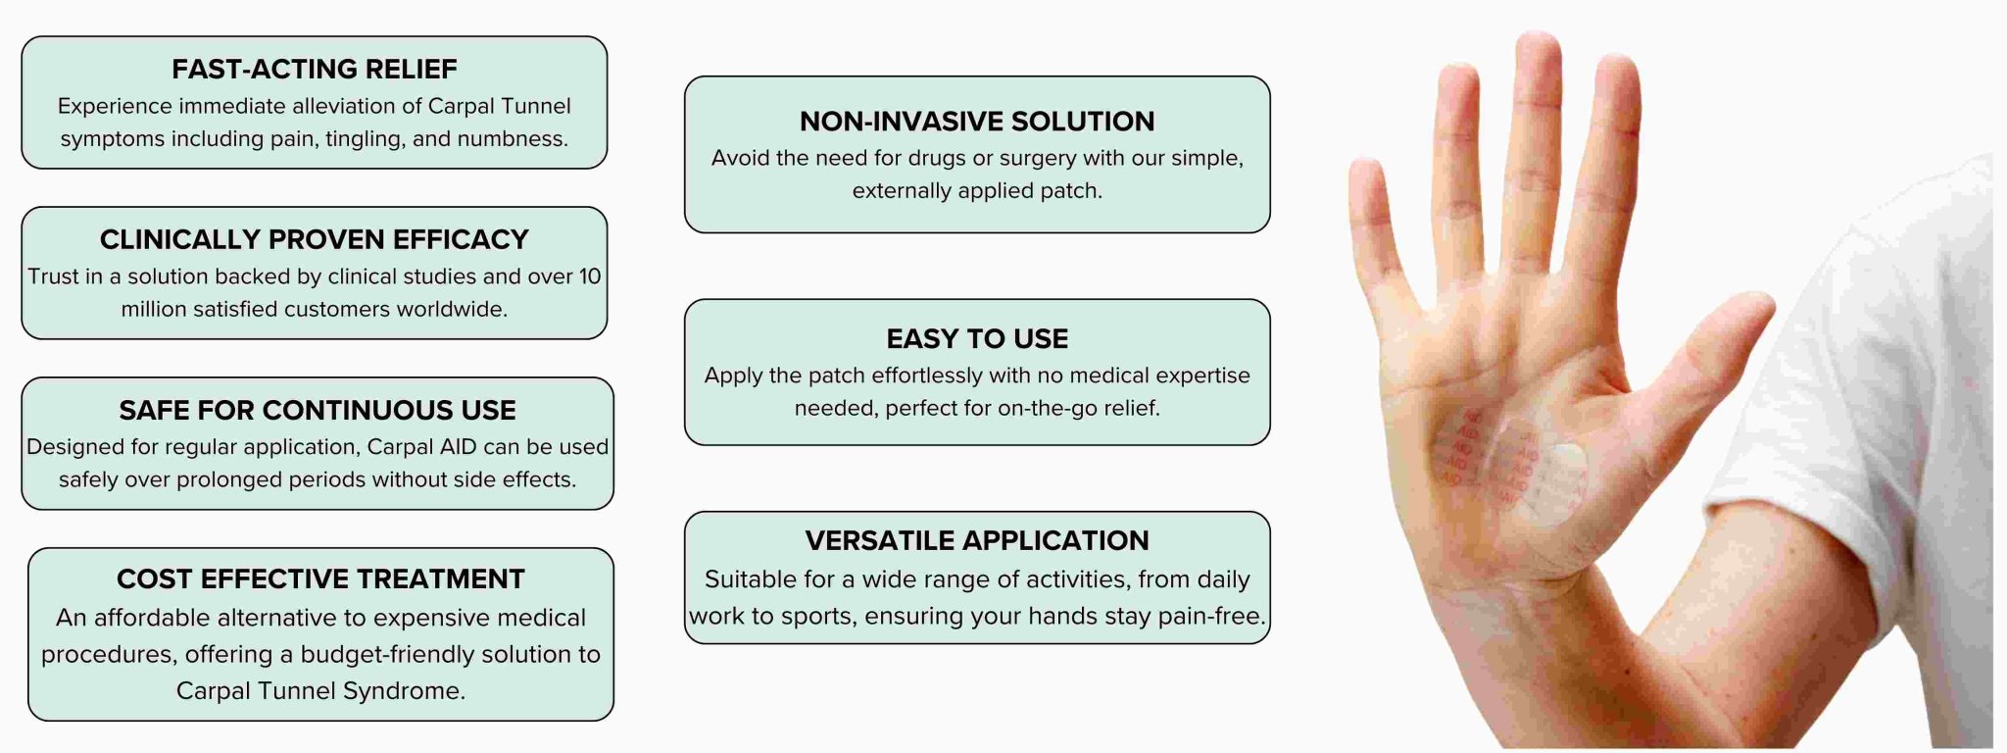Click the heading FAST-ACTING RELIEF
[x=315, y=69]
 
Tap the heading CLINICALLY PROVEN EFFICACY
[x=315, y=239]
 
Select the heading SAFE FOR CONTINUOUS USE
[x=318, y=410]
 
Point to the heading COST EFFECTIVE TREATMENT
[x=320, y=578]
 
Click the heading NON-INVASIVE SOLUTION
[x=977, y=121]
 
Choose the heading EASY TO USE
[x=977, y=338]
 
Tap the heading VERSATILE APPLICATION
[x=977, y=540]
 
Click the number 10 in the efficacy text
[x=590, y=276]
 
